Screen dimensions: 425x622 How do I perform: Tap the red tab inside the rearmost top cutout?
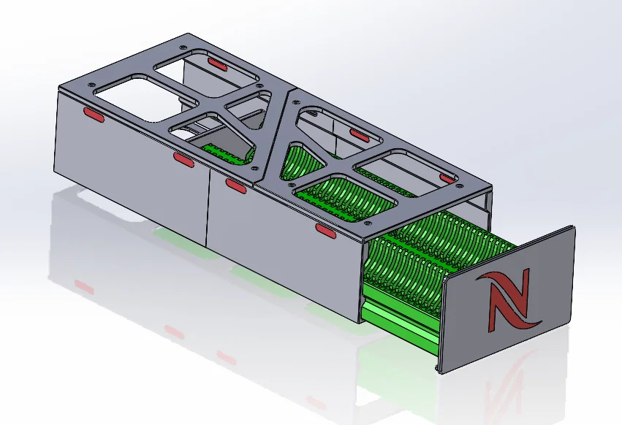pyautogui.click(x=217, y=64)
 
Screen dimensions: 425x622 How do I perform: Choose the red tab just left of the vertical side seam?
pyautogui.click(x=183, y=158)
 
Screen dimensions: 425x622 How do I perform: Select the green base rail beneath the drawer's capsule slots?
pyautogui.click(x=398, y=321)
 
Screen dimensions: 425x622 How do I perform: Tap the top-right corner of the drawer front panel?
pyautogui.click(x=573, y=228)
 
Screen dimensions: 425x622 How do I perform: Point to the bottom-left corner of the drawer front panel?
pyautogui.click(x=440, y=372)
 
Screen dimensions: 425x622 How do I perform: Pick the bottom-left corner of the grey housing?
pyautogui.click(x=55, y=174)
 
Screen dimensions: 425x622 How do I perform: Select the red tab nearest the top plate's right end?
pyautogui.click(x=447, y=178)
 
